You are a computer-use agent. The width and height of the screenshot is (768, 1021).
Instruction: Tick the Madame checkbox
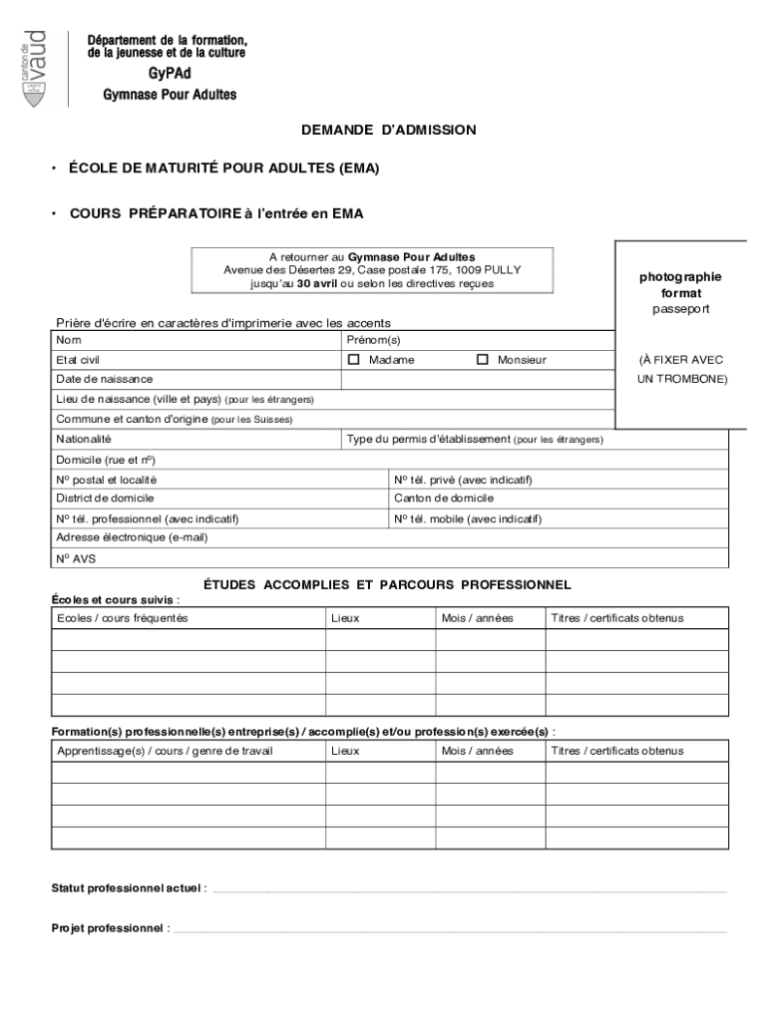click(354, 360)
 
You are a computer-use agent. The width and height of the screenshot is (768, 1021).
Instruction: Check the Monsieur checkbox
click(483, 360)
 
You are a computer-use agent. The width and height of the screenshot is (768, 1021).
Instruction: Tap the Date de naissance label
click(105, 380)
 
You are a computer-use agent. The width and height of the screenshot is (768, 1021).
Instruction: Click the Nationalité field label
click(84, 440)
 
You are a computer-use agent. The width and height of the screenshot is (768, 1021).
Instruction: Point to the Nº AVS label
click(76, 559)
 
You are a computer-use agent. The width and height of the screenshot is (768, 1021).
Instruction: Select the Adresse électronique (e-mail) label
click(132, 537)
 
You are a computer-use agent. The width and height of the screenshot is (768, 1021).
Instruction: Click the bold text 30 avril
click(317, 283)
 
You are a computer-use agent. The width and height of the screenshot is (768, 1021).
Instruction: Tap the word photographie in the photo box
click(680, 277)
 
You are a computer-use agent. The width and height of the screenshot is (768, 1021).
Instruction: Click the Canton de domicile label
click(444, 499)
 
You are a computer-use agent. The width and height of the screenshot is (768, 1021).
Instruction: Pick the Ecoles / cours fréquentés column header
click(122, 618)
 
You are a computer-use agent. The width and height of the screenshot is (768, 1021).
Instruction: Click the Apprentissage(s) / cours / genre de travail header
click(165, 751)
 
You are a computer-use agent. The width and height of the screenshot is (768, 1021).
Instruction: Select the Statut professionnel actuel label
click(129, 887)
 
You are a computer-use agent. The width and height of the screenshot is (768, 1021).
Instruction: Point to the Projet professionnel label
click(110, 928)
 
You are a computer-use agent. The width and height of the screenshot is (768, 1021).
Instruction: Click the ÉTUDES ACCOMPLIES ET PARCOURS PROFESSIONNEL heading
click(387, 585)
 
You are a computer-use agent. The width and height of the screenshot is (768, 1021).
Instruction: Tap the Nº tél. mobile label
click(467, 518)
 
